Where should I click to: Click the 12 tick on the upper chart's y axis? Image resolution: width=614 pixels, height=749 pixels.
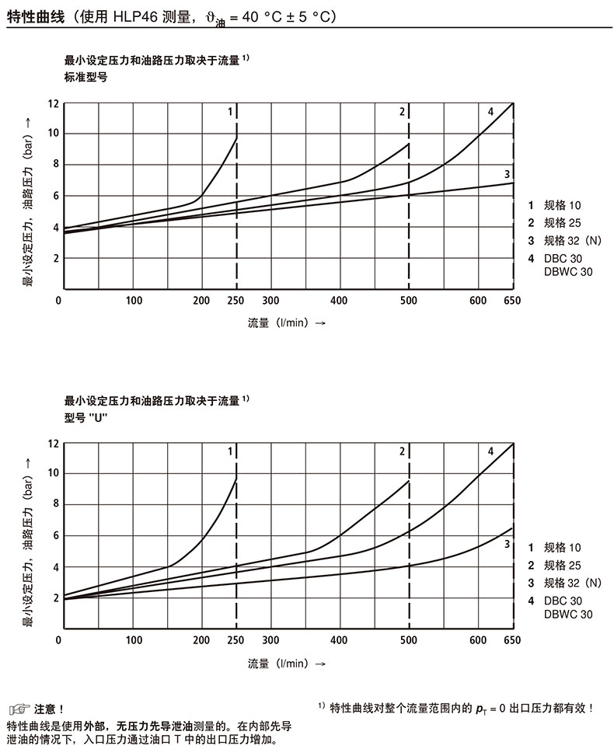[53, 103]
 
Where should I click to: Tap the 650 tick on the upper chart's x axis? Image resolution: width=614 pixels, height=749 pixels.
[512, 301]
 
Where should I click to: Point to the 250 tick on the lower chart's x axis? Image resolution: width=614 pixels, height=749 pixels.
[235, 641]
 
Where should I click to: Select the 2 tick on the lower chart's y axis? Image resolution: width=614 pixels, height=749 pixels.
[56, 597]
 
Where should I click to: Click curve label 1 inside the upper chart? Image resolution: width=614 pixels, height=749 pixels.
[230, 112]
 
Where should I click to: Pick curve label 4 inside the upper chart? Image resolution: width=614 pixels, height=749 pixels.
[490, 112]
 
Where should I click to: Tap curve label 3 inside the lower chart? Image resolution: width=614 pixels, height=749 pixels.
[507, 545]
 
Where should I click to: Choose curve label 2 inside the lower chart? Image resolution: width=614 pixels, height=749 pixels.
[403, 451]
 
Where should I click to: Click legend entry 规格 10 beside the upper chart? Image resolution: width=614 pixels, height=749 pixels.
[562, 206]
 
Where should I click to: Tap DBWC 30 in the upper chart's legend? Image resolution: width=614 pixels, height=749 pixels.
[568, 271]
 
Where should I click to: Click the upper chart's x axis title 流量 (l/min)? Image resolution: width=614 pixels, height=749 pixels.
[281, 323]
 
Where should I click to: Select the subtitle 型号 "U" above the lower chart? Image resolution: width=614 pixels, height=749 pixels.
[85, 417]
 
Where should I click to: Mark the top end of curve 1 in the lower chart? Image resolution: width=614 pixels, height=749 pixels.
[235, 478]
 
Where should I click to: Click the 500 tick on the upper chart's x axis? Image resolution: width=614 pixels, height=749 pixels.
[409, 301]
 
